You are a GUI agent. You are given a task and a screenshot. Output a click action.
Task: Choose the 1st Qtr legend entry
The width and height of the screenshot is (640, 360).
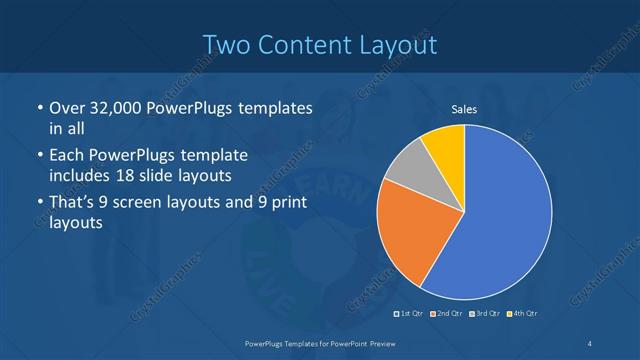(409, 314)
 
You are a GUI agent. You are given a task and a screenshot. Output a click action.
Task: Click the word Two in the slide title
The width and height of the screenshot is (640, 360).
(228, 45)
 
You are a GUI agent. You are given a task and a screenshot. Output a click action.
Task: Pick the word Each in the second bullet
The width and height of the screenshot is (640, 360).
(66, 157)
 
